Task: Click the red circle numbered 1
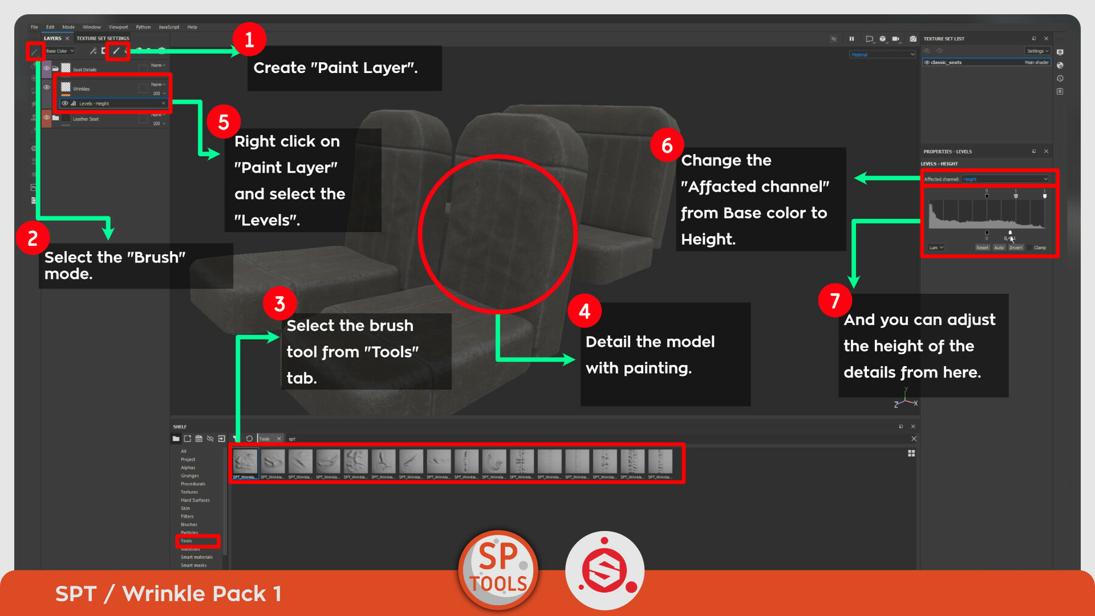(x=249, y=40)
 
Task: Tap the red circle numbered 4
(x=584, y=311)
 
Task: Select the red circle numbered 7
(x=835, y=300)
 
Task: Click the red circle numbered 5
(x=223, y=122)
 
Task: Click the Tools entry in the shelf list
(x=187, y=541)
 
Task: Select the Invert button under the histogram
(x=1015, y=247)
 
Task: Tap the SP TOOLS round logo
(x=498, y=570)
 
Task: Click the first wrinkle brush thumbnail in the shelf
(x=245, y=462)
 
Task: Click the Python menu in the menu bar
(x=143, y=27)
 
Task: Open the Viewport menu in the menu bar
(x=118, y=27)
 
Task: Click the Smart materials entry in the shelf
(x=196, y=557)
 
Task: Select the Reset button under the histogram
(x=982, y=247)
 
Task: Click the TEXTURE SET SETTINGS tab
(x=103, y=38)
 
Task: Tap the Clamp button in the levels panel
(x=1040, y=247)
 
